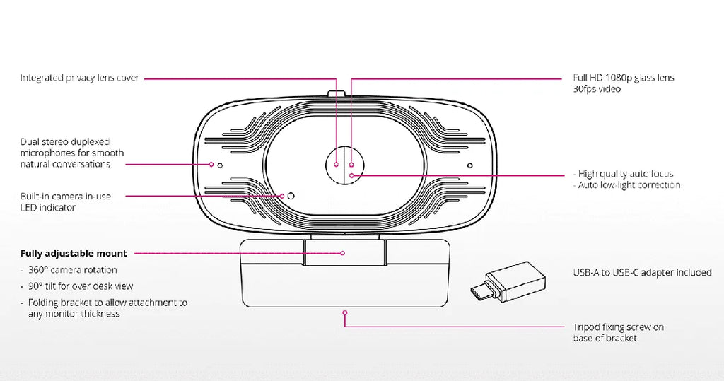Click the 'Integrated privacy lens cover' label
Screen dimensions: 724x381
pyautogui.click(x=79, y=78)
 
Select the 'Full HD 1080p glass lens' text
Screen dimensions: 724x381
pyautogui.click(x=624, y=78)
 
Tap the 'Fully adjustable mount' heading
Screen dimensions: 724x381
pyautogui.click(x=74, y=254)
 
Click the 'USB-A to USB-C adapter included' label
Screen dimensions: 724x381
pyautogui.click(x=642, y=272)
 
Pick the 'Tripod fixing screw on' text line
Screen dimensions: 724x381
pyautogui.click(x=618, y=327)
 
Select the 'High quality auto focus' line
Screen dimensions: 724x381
pyautogui.click(x=624, y=174)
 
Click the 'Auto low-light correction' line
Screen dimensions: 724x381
pyautogui.click(x=626, y=184)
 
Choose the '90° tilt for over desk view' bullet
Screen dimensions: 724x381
pyautogui.click(x=76, y=286)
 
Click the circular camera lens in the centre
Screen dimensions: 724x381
pyautogui.click(x=344, y=165)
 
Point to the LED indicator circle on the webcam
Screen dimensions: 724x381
pyautogui.click(x=291, y=196)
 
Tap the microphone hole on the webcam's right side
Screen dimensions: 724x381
pyautogui.click(x=469, y=165)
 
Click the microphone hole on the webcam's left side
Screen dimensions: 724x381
pyautogui.click(x=220, y=165)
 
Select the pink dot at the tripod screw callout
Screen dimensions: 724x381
pyautogui.click(x=344, y=312)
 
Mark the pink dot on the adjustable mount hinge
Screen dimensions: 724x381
pyautogui.click(x=343, y=253)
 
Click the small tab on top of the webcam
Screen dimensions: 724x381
pyautogui.click(x=337, y=94)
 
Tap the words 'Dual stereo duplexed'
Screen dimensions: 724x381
pyautogui.click(x=65, y=142)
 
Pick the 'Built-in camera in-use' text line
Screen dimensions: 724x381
pyautogui.click(x=66, y=197)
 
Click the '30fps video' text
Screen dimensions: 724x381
pyautogui.click(x=597, y=89)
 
